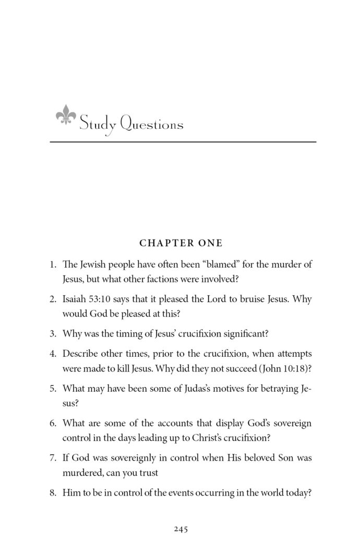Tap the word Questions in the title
152,124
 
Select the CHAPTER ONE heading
181,243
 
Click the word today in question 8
297,492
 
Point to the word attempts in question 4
294,353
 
